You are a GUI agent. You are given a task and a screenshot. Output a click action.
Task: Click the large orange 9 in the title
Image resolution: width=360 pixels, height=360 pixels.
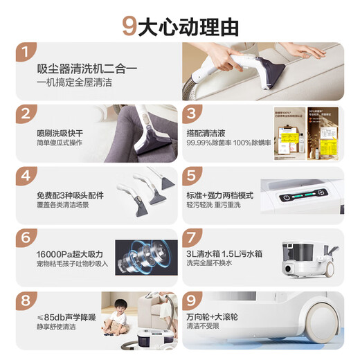pos(128,26)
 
